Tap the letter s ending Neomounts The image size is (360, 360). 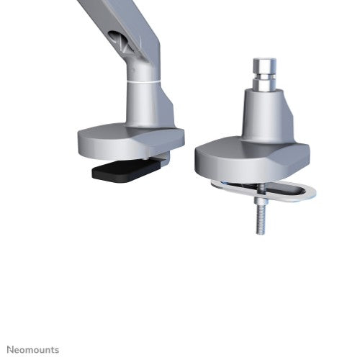tap(57, 349)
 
